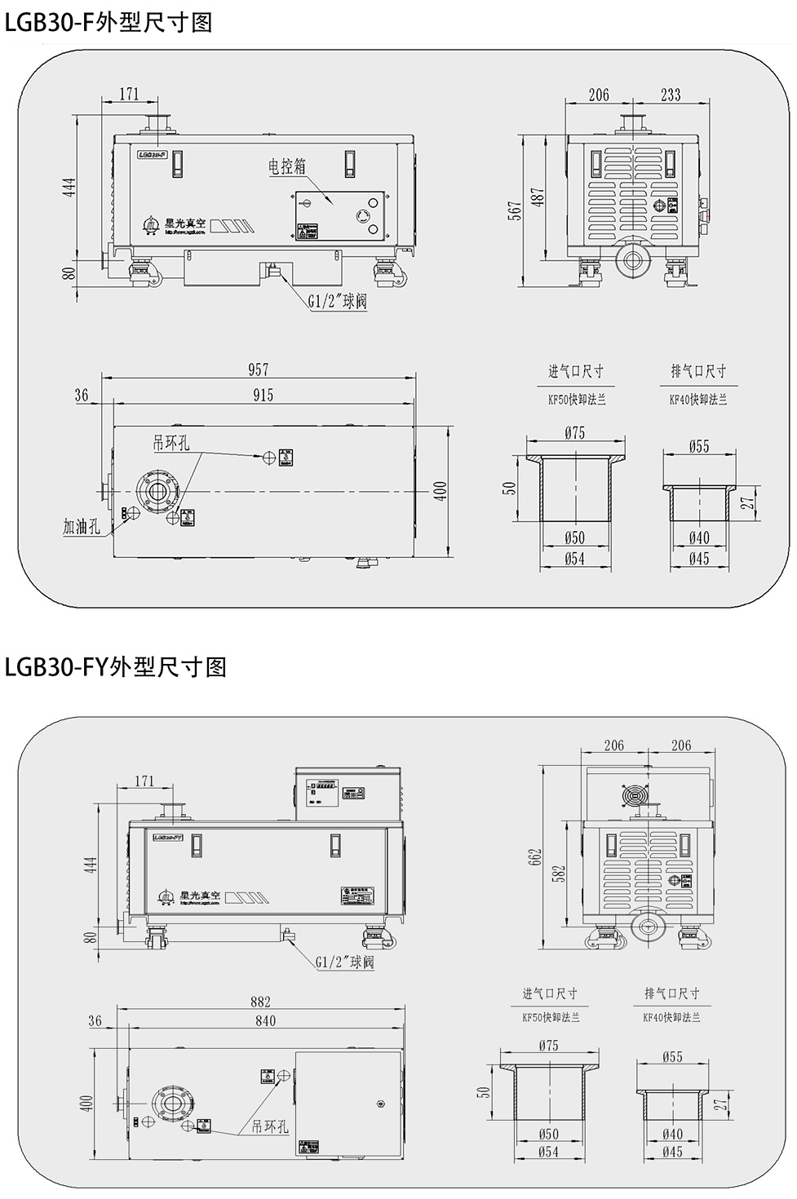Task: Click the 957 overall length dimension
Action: (x=258, y=369)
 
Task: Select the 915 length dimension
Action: (x=263, y=395)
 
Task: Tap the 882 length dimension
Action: (x=260, y=1002)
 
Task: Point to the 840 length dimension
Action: (x=265, y=1020)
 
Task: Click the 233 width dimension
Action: (x=671, y=95)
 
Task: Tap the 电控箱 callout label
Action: (x=287, y=166)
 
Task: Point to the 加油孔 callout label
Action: (x=82, y=527)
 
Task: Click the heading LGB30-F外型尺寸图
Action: (x=108, y=22)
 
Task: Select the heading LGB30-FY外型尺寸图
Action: (x=115, y=667)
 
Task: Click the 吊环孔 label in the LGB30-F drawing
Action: (x=171, y=443)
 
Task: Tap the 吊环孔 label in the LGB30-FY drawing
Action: (x=270, y=1126)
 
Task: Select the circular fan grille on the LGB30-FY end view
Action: (x=634, y=794)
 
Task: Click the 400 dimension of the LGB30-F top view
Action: (x=441, y=490)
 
